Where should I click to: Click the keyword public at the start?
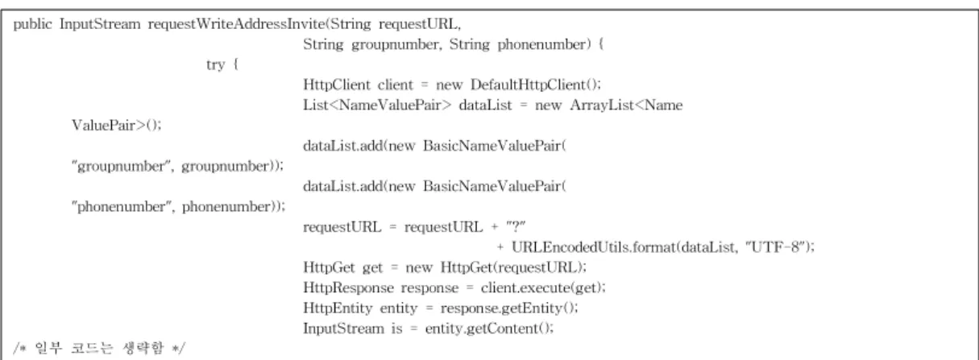(x=32, y=24)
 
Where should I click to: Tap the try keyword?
(x=215, y=64)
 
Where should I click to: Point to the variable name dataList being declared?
(x=485, y=106)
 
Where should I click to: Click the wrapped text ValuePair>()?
(x=117, y=126)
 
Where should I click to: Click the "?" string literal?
(x=516, y=227)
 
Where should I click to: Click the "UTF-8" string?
(x=775, y=247)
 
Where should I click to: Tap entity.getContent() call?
(x=488, y=329)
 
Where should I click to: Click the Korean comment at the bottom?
(x=99, y=348)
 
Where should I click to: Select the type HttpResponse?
(x=348, y=288)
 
